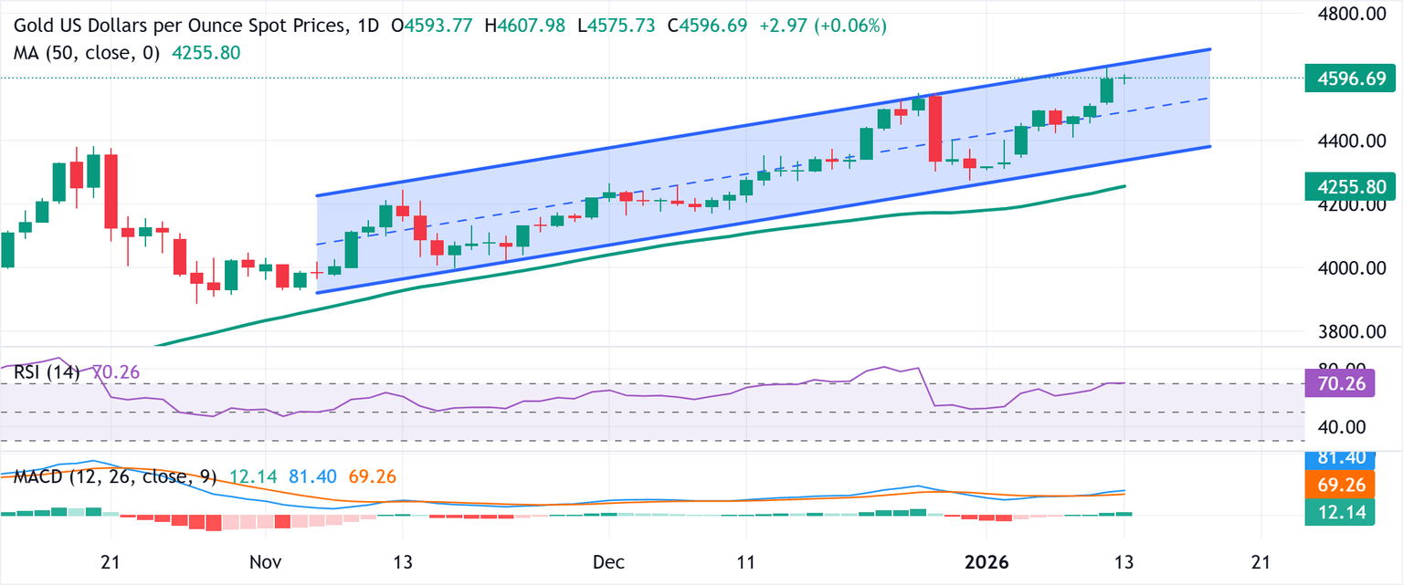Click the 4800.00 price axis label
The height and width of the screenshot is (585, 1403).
pyautogui.click(x=1349, y=15)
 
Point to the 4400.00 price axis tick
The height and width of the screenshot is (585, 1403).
pyautogui.click(x=1349, y=141)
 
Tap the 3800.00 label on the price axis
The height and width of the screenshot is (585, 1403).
pyautogui.click(x=1349, y=332)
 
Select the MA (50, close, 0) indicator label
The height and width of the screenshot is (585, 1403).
pyautogui.click(x=87, y=53)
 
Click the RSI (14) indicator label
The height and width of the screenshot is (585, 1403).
pyautogui.click(x=47, y=371)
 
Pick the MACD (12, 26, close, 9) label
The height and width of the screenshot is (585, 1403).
pyautogui.click(x=109, y=476)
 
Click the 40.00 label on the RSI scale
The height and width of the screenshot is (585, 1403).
pyautogui.click(x=1342, y=426)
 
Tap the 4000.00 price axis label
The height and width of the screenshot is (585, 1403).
pyautogui.click(x=1349, y=268)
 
